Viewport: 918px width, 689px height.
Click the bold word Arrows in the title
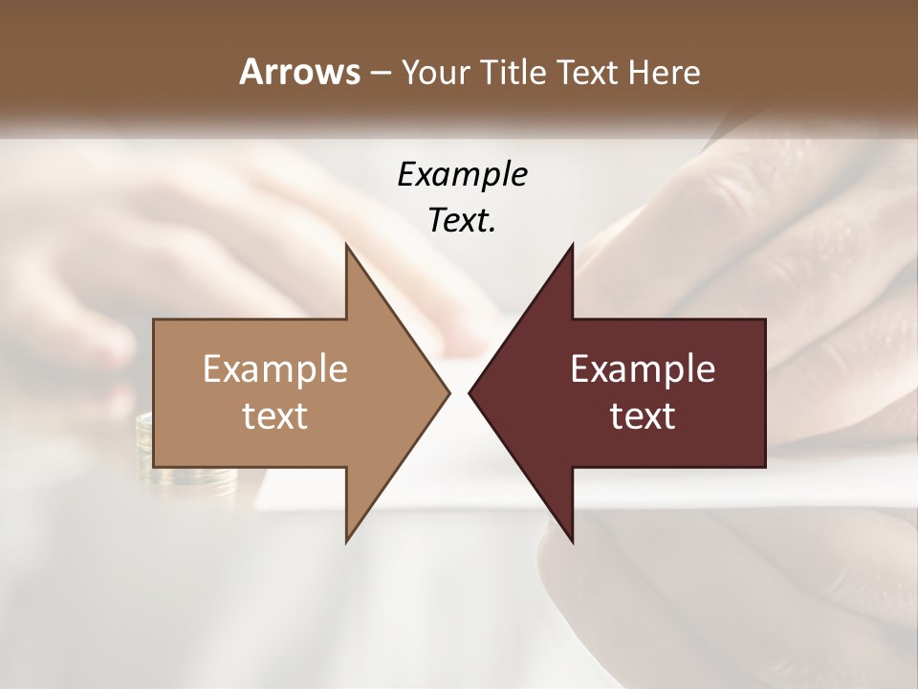point(299,73)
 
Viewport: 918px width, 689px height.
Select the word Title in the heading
point(517,73)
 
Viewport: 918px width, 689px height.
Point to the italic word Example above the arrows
point(463,176)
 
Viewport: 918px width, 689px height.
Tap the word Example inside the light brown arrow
point(275,369)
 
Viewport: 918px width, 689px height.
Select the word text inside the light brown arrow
point(275,415)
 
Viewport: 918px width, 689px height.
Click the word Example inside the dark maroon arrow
point(643,369)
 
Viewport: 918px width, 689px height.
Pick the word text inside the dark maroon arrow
point(643,415)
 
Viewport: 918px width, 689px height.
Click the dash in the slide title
point(379,73)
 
